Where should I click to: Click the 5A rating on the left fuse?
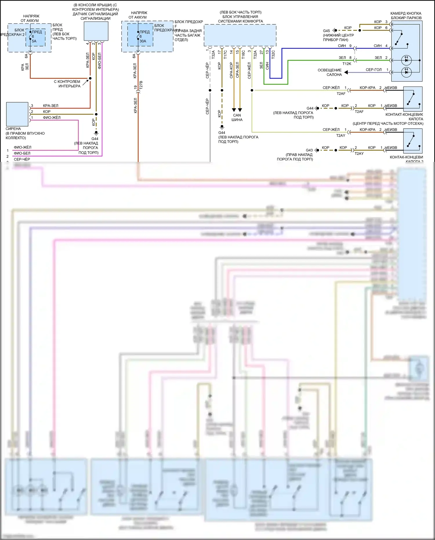click(34, 41)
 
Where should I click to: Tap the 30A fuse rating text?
click(143, 41)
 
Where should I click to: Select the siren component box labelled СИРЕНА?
click(17, 114)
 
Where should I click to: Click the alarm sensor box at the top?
click(96, 31)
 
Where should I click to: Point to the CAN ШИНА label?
click(237, 118)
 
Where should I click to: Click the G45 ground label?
click(326, 31)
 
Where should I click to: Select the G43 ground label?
click(309, 150)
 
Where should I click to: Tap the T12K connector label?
click(347, 64)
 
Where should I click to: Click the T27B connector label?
click(141, 85)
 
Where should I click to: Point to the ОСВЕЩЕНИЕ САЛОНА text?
click(330, 73)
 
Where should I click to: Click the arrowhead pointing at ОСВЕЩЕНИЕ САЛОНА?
click(346, 72)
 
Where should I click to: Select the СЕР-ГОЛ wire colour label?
click(374, 70)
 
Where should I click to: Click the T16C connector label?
click(243, 54)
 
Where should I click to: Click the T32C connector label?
click(273, 54)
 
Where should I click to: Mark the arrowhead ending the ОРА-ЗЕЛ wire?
click(240, 110)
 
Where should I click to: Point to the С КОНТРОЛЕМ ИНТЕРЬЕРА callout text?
click(67, 84)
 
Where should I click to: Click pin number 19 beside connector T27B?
click(135, 87)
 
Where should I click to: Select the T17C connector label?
click(225, 54)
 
